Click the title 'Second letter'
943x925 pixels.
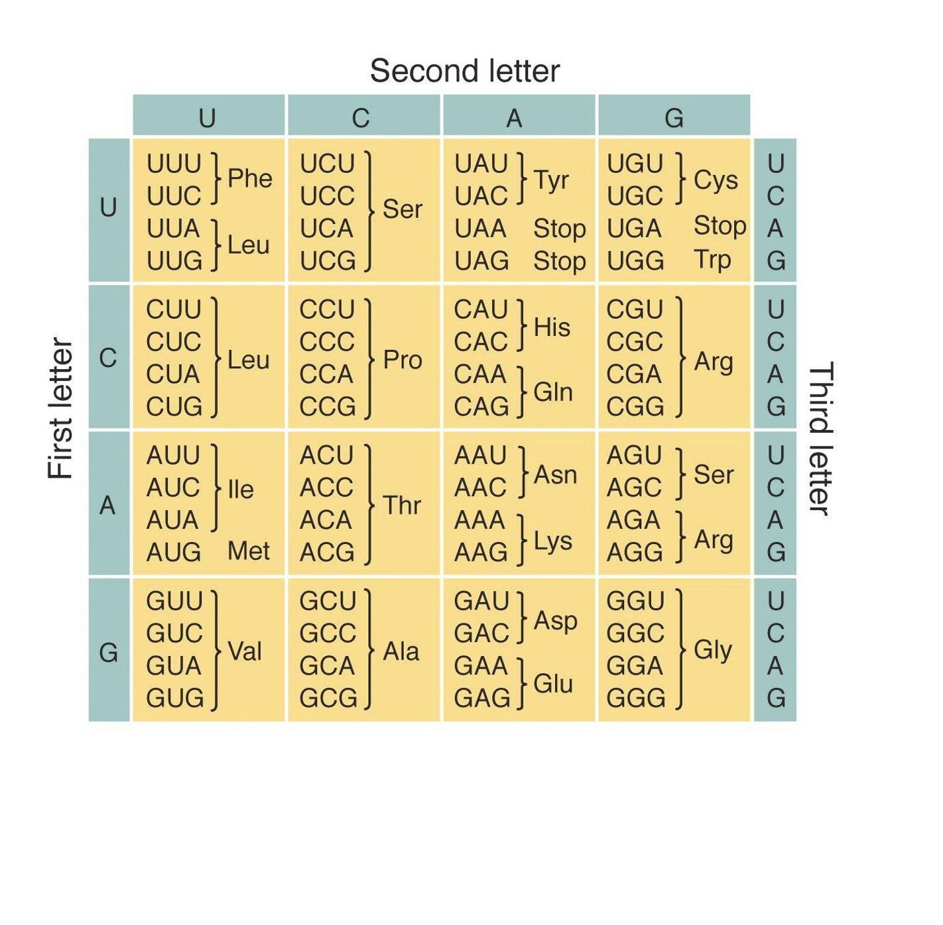coord(464,71)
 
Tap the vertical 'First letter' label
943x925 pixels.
coord(60,408)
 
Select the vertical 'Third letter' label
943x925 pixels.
coord(821,439)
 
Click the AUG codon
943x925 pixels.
coord(173,552)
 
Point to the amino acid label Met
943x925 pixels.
coord(248,551)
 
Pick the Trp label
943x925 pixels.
coord(712,260)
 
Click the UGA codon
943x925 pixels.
coord(634,229)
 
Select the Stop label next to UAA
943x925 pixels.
coord(559,229)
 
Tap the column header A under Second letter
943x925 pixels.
coord(514,118)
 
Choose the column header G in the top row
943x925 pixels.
coord(674,118)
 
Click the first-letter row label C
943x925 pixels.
coord(108,358)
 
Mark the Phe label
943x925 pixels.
coord(249,178)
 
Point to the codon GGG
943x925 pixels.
coord(635,698)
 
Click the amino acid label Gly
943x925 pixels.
coord(712,650)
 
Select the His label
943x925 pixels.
coord(552,327)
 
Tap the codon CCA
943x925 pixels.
coord(326,374)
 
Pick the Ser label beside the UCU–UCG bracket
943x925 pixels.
coord(402,209)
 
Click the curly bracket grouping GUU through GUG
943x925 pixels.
coord(216,650)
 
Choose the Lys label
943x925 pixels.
coord(552,541)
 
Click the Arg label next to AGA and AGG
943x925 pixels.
coord(713,539)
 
